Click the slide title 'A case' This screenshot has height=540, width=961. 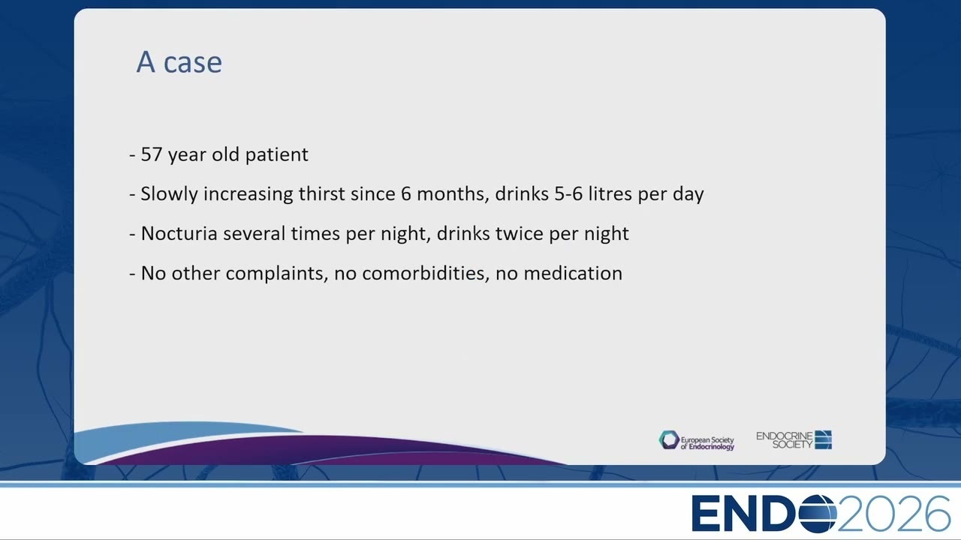179,62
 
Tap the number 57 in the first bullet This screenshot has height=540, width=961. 152,154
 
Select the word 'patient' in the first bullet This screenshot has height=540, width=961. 277,154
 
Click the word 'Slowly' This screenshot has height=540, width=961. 170,194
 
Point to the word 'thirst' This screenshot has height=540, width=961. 322,193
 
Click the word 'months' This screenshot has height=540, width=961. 453,194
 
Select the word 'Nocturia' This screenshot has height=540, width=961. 179,233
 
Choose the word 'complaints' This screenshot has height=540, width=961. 277,274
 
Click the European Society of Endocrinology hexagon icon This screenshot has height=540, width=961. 669,440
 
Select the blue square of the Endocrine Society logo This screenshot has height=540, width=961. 824,439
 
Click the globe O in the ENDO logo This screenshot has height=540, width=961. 818,514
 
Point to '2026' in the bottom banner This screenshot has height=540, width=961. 893,514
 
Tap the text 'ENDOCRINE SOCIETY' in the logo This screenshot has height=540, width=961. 785,440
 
